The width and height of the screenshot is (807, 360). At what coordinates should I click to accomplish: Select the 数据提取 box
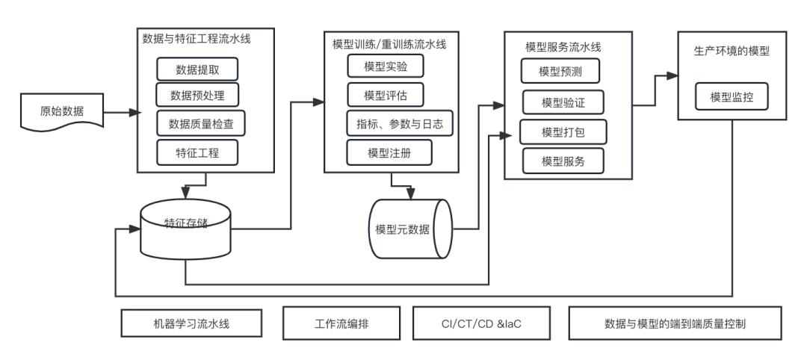(197, 69)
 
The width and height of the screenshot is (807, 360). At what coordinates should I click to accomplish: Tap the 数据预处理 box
(197, 96)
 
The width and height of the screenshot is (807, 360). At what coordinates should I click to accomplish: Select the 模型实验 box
(384, 66)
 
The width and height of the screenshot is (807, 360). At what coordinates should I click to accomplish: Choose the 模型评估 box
(384, 95)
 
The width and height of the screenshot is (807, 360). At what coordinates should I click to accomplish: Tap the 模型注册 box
(389, 152)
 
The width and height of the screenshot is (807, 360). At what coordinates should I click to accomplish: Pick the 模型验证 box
(562, 101)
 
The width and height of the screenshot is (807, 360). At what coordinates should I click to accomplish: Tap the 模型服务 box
(562, 161)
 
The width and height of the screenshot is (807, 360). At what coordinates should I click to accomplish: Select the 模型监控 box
(732, 97)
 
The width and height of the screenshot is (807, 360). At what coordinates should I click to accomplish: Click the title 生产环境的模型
(732, 52)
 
